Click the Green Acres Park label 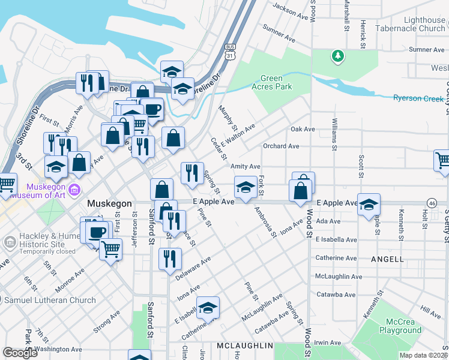pyautogui.click(x=276, y=82)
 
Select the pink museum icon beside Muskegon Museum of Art pyautogui.click(x=74, y=191)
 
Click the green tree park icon pyautogui.click(x=338, y=56)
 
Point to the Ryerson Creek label pyautogui.click(x=418, y=98)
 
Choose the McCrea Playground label pyautogui.click(x=400, y=326)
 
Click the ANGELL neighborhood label pyautogui.click(x=387, y=259)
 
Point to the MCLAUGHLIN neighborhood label pyautogui.click(x=245, y=346)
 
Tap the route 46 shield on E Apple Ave pyautogui.click(x=432, y=203)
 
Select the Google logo pyautogui.click(x=20, y=352)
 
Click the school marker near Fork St pyautogui.click(x=245, y=188)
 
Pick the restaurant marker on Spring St pyautogui.click(x=192, y=173)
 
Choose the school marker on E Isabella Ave pyautogui.click(x=208, y=308)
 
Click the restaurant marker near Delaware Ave pyautogui.click(x=170, y=259)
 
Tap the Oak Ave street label pyautogui.click(x=303, y=129)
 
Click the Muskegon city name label pyautogui.click(x=109, y=203)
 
